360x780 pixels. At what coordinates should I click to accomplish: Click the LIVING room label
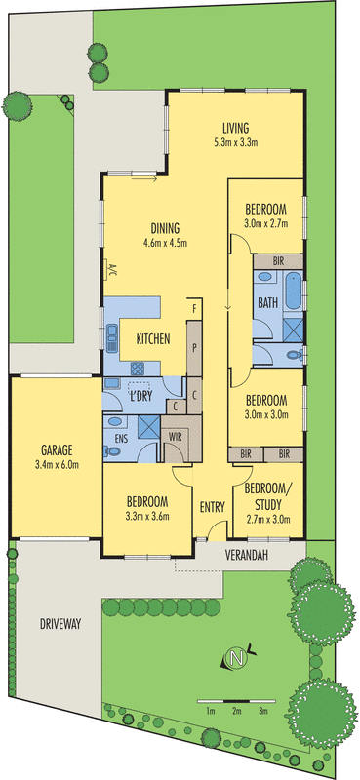coord(235,128)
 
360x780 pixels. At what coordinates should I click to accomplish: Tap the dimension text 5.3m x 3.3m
coord(235,142)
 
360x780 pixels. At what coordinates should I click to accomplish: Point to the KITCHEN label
coord(153,339)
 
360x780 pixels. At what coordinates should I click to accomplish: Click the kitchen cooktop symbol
coord(139,369)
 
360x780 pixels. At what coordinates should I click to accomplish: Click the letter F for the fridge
coord(195,310)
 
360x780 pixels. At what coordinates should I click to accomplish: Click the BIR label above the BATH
coord(278,261)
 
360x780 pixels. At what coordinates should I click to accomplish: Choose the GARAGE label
coord(54,450)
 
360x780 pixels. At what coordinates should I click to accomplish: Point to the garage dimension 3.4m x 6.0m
coord(54,465)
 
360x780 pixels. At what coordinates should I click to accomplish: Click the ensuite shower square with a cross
coord(146,426)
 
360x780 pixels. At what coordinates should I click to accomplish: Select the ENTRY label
coord(212,506)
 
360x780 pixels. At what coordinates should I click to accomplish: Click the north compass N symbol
coord(234,659)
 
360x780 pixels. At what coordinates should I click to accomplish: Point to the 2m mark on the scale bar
coord(236,711)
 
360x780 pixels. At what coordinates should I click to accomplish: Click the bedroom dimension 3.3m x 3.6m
coord(148,517)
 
